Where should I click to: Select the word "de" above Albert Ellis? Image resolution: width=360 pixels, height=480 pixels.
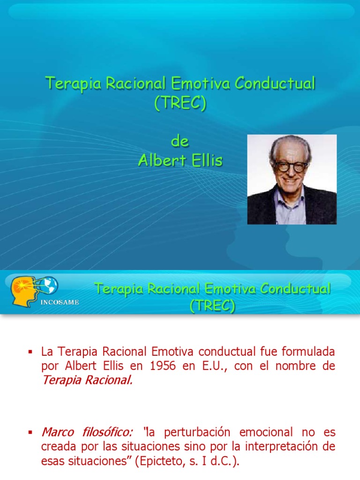click(180, 142)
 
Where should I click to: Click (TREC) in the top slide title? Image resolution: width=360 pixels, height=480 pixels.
click(180, 103)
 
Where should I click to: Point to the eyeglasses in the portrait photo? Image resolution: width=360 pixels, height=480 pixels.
click(291, 165)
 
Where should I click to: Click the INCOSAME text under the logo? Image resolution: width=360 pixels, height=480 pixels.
click(60, 302)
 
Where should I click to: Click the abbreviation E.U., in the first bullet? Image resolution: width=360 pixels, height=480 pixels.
click(215, 366)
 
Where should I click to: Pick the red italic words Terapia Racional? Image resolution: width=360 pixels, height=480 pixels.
click(87, 380)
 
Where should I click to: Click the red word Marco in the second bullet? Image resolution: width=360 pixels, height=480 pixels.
click(56, 432)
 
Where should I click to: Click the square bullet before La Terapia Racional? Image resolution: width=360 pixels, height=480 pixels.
click(31, 352)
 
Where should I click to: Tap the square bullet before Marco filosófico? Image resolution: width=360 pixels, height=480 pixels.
click(31, 432)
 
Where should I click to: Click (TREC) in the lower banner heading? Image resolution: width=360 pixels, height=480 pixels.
click(212, 306)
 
